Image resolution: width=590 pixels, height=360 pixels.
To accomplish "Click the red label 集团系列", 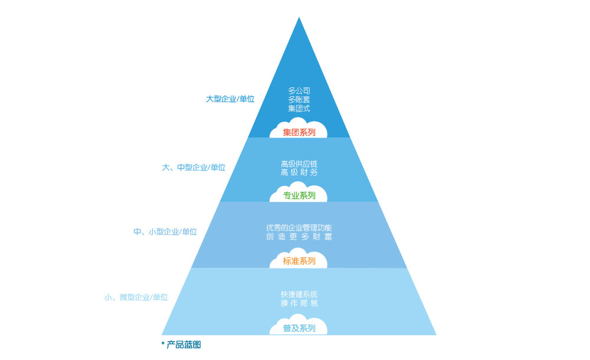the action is click(x=299, y=132).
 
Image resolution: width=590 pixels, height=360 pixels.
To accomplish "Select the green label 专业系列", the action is click(x=299, y=195).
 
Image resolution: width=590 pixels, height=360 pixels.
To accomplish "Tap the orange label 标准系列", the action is click(x=299, y=261).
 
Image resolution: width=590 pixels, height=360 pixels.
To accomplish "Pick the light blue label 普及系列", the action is click(x=299, y=328).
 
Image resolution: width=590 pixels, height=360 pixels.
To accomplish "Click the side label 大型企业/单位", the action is click(x=230, y=99).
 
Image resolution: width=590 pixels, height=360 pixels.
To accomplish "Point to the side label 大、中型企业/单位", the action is click(x=194, y=168).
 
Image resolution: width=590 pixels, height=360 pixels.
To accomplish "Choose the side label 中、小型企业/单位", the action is click(x=165, y=231).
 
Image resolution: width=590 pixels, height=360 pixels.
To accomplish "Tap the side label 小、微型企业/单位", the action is click(x=136, y=297).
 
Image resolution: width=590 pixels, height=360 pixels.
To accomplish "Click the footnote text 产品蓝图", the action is click(x=183, y=345).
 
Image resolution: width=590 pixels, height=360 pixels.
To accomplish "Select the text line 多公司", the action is click(x=299, y=91).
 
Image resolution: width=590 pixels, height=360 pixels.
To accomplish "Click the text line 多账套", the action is click(x=299, y=100).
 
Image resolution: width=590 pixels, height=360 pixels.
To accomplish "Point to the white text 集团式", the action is click(x=299, y=109).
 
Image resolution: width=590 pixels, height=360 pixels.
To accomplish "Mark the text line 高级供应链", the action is click(x=299, y=164).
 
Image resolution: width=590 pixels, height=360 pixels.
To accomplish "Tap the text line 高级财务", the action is click(x=299, y=172).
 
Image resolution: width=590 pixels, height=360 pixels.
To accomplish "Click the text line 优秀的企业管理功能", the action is click(x=299, y=228).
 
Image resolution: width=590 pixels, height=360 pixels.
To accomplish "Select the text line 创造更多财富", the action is click(x=299, y=237).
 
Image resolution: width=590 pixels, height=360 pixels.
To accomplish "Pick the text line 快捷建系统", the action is click(x=299, y=294).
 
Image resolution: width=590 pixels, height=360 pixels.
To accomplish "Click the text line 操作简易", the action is click(x=299, y=303).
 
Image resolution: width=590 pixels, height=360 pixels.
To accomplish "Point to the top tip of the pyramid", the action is click(x=299, y=17).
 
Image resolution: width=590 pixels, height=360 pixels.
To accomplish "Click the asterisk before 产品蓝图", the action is click(x=163, y=343).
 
